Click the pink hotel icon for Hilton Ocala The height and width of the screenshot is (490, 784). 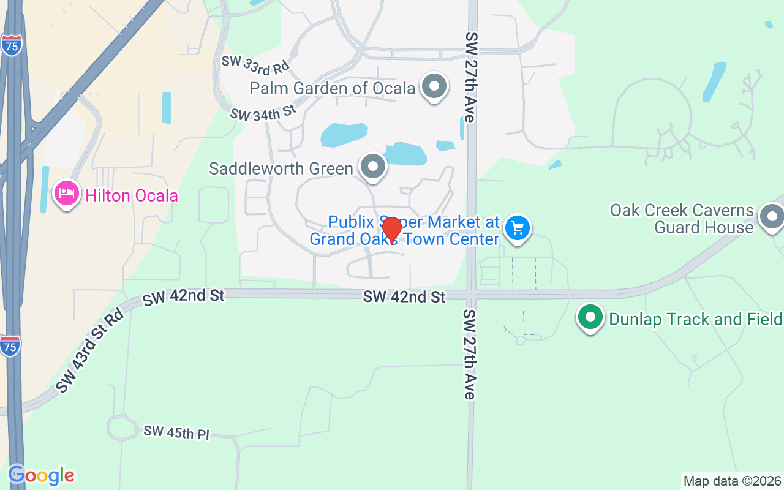pyautogui.click(x=66, y=194)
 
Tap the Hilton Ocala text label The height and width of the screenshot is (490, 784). pyautogui.click(x=132, y=196)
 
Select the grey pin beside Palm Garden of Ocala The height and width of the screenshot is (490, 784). pyautogui.click(x=434, y=86)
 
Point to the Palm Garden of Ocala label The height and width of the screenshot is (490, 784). pyautogui.click(x=333, y=88)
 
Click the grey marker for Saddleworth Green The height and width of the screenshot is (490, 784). pyautogui.click(x=372, y=167)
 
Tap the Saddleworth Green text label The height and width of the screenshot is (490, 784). pyautogui.click(x=281, y=168)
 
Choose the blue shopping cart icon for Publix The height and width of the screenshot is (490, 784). pyautogui.click(x=518, y=229)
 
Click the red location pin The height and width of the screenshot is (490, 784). pyautogui.click(x=391, y=230)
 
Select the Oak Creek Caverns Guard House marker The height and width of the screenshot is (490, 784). pyautogui.click(x=771, y=217)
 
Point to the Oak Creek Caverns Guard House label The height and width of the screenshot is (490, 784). pyautogui.click(x=682, y=219)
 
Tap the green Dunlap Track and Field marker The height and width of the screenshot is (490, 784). pyautogui.click(x=590, y=317)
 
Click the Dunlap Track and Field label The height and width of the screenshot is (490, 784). pyautogui.click(x=695, y=319)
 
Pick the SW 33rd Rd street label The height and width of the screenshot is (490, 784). pyautogui.click(x=255, y=63)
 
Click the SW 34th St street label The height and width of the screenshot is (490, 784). pyautogui.click(x=263, y=112)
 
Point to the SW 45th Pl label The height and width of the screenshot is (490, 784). pyautogui.click(x=176, y=432)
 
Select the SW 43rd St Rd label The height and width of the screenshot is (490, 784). pyautogui.click(x=89, y=350)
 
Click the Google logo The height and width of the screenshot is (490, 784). pyautogui.click(x=41, y=475)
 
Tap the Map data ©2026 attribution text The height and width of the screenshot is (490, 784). pyautogui.click(x=732, y=481)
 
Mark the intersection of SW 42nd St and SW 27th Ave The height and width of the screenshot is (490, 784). pyautogui.click(x=470, y=295)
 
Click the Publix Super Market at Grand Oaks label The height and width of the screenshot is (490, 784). pyautogui.click(x=404, y=230)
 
